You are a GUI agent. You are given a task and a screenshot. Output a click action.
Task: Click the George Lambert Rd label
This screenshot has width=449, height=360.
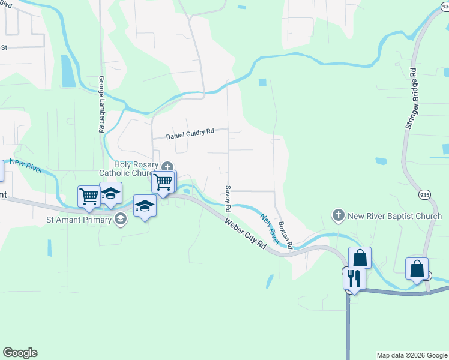click(x=102, y=104)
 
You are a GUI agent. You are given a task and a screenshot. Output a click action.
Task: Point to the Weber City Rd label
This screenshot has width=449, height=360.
click(x=246, y=233)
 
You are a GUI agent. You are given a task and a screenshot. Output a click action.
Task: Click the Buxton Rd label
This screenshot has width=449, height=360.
click(x=285, y=235)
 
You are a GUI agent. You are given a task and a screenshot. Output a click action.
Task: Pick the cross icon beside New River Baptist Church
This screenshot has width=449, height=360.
click(x=339, y=215)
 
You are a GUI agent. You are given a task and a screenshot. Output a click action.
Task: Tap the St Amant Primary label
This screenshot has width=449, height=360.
click(x=79, y=220)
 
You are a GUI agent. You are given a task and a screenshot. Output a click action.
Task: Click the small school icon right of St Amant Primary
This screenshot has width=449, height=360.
click(x=122, y=220)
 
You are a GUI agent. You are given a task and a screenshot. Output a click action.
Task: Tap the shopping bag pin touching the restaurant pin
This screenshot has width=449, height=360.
click(x=360, y=259)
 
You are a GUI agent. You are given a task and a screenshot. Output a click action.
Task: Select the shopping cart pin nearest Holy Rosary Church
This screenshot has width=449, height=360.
click(x=163, y=182)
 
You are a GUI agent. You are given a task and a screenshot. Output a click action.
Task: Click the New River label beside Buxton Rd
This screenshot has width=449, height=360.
click(x=269, y=227)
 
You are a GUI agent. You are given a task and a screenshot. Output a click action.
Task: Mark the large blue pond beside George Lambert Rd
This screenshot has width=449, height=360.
click(x=68, y=71)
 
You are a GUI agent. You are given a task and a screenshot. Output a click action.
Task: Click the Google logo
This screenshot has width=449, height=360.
click(x=20, y=353)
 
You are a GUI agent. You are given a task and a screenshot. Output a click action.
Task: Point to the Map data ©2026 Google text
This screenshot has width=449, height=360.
click(x=412, y=355)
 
